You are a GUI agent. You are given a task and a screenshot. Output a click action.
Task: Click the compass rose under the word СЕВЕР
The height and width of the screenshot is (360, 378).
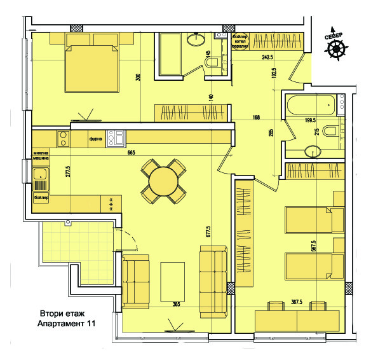point(337,50)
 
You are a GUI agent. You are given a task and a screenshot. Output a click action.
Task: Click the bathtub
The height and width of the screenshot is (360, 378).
point(311,106)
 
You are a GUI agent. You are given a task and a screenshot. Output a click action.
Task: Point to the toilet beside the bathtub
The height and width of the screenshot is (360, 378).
point(330,132)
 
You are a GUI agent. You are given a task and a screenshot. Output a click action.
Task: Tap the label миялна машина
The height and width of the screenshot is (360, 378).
point(41,156)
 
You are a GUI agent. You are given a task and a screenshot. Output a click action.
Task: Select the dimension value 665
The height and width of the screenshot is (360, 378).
point(132,153)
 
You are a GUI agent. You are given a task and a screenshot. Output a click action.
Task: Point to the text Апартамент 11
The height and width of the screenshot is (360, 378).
point(66,324)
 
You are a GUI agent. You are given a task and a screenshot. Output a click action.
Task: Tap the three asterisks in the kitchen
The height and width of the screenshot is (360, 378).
point(112,204)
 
